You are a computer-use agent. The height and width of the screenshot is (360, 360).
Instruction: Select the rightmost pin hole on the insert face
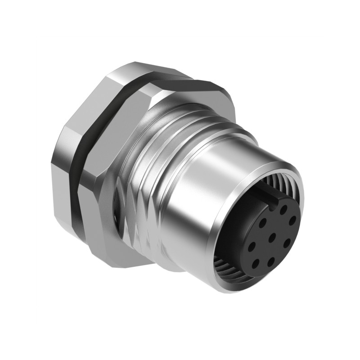click(292, 220)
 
